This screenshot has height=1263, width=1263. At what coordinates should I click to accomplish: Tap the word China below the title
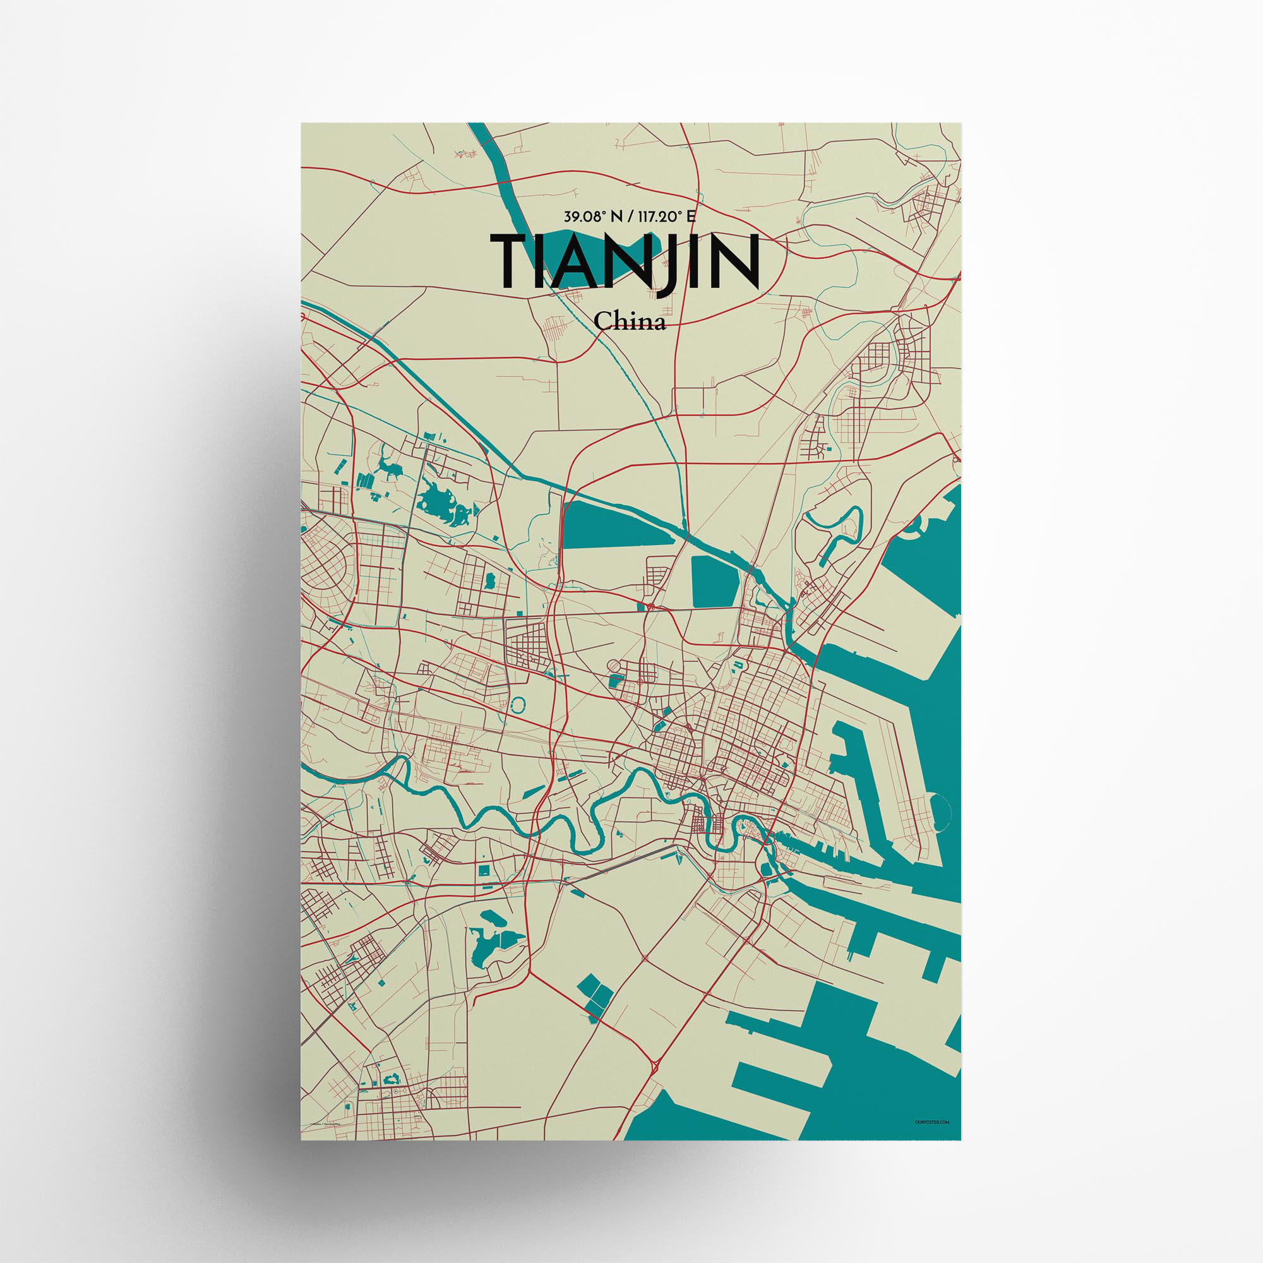(630, 321)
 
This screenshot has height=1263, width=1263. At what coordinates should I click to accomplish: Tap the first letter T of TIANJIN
(515, 261)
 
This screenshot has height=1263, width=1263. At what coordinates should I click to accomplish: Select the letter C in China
(602, 321)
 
